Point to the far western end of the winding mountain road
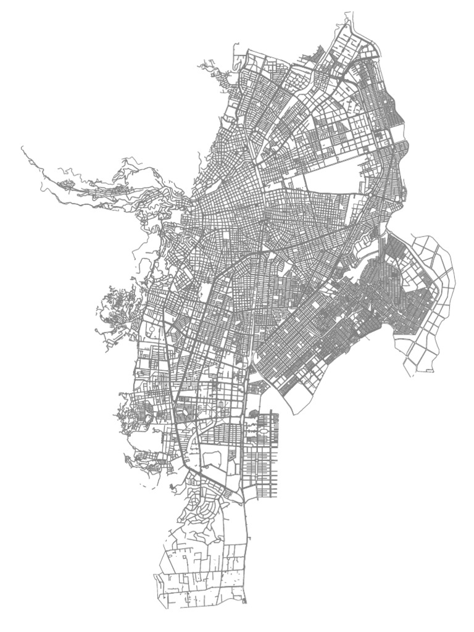click(x=22, y=147)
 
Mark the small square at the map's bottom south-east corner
click(x=244, y=601)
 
